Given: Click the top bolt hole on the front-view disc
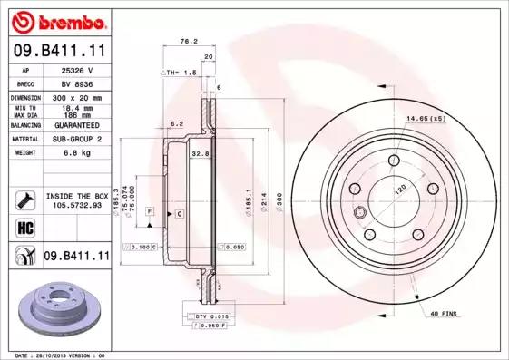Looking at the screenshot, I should pyautogui.click(x=394, y=161).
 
